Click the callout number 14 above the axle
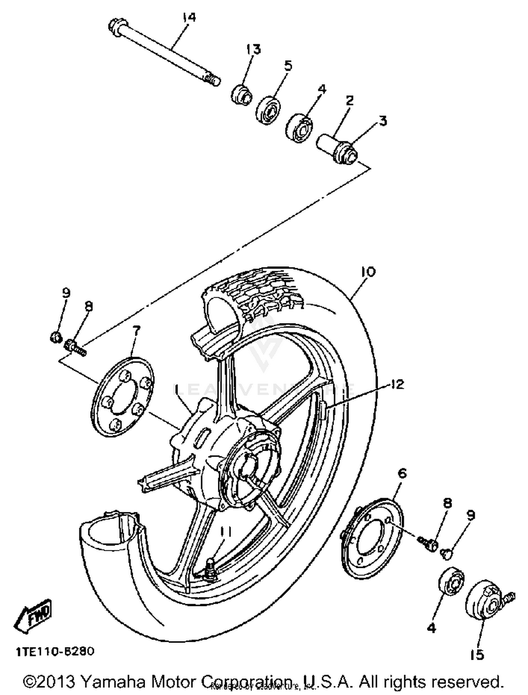click(x=189, y=17)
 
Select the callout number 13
click(x=253, y=49)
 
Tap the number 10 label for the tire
click(x=368, y=272)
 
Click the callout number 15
click(x=477, y=654)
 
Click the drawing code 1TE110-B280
click(x=55, y=651)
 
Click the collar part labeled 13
click(x=242, y=95)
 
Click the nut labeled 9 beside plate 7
click(x=56, y=338)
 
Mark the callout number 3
click(x=383, y=121)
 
